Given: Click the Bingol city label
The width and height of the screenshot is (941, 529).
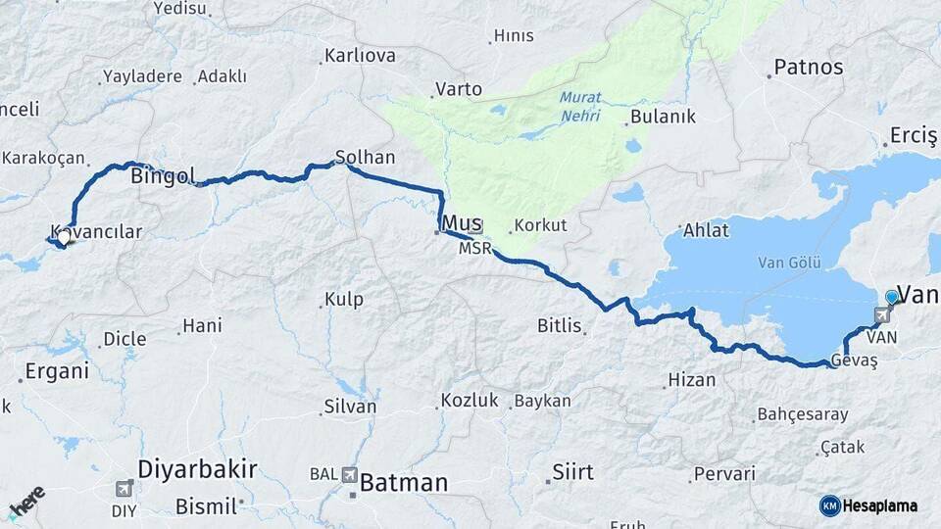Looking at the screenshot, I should click(x=162, y=177).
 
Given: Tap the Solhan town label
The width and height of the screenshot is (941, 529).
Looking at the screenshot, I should click(x=365, y=157).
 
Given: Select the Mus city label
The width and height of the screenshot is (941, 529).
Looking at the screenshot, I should click(x=462, y=222).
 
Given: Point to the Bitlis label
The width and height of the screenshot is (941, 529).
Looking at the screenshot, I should click(x=560, y=325).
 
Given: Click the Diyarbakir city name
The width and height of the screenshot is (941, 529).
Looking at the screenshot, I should click(x=197, y=469).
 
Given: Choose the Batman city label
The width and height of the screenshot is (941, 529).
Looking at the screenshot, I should click(x=403, y=482).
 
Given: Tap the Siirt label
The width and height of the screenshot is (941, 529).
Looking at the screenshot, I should click(x=572, y=472).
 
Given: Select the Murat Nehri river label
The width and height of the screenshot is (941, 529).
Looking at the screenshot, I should click(x=580, y=106).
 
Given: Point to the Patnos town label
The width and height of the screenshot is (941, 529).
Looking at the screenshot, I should click(x=808, y=68).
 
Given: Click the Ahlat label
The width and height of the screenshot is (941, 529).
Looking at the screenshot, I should click(x=706, y=231).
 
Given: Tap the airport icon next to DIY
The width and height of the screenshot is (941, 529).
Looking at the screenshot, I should click(x=124, y=488).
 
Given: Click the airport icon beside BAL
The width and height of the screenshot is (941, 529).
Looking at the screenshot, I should click(x=350, y=475).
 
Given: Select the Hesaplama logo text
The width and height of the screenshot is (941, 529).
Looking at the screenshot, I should click(x=879, y=505).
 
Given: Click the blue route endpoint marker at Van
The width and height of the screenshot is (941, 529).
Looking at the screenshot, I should click(x=891, y=297).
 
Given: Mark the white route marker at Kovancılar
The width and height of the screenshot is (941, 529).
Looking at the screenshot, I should click(x=64, y=237).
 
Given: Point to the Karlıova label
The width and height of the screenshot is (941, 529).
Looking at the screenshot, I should click(x=360, y=55).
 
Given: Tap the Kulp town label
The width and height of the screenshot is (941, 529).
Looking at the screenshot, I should click(x=344, y=299).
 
